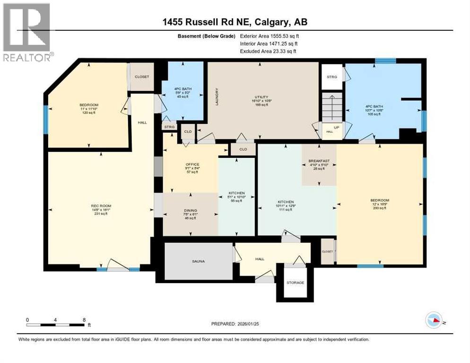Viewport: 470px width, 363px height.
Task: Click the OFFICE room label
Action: (x=191, y=165)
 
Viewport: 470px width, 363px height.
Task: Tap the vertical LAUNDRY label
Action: (x=217, y=96)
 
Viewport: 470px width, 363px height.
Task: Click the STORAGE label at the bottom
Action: (x=295, y=283)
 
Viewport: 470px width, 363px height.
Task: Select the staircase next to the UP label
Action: (x=332, y=107)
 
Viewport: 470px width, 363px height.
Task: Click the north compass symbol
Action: (x=434, y=320)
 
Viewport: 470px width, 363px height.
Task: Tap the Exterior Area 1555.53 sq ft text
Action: (x=270, y=36)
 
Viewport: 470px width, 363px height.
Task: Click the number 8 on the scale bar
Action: (x=84, y=320)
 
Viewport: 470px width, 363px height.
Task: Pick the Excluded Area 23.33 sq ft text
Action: (x=270, y=51)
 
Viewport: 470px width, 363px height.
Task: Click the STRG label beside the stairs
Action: (x=331, y=77)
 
